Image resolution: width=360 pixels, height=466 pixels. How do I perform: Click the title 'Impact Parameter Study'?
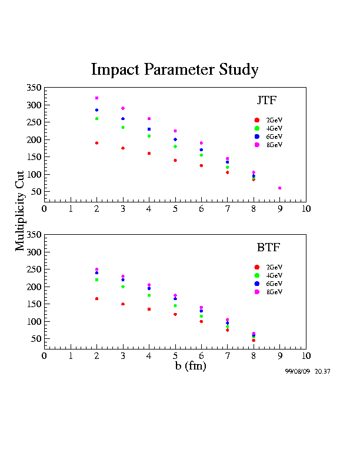click(175, 70)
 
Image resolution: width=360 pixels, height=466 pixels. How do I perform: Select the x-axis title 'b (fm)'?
click(190, 366)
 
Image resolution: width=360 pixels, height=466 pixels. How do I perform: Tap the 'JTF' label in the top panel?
click(266, 99)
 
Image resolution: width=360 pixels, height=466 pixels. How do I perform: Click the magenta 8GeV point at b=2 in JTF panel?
click(96, 98)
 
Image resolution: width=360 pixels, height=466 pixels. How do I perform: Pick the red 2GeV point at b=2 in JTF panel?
click(96, 143)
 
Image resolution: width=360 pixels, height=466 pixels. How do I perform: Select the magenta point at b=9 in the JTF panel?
click(279, 188)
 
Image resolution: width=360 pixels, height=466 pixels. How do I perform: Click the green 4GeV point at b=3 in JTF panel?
click(123, 127)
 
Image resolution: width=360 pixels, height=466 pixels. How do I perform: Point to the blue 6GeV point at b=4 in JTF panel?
click(149, 129)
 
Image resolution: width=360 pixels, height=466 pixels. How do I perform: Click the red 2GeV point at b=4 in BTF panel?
click(149, 309)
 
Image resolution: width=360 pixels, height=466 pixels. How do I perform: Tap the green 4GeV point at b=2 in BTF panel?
click(96, 279)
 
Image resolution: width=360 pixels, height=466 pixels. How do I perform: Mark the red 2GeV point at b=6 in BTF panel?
click(201, 321)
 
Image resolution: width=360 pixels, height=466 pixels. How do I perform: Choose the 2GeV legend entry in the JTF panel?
click(268, 120)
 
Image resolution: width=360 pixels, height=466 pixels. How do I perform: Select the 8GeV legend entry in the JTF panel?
click(268, 145)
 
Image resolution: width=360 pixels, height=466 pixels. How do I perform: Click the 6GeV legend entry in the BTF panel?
click(268, 284)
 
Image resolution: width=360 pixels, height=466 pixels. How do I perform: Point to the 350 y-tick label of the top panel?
click(34, 88)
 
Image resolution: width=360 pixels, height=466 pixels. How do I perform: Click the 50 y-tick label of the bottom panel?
click(36, 339)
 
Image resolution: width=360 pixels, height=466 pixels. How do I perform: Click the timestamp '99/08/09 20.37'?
click(307, 372)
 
